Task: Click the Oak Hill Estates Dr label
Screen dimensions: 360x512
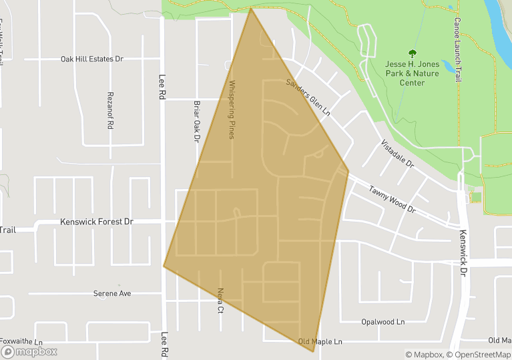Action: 92,59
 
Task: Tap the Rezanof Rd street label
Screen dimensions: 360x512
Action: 111,111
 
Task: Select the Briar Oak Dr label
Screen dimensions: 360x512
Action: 197,122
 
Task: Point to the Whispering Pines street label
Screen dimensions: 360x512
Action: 232,110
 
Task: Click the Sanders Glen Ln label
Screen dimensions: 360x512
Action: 308,98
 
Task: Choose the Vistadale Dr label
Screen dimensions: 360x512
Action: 397,153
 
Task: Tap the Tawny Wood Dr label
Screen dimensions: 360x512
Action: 392,199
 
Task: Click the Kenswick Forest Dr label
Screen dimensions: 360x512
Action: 97,221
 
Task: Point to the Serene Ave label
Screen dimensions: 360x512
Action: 112,293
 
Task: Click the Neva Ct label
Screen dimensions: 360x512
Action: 221,301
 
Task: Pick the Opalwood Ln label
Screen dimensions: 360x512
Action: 383,321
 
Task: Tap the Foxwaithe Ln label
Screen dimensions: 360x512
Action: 21,341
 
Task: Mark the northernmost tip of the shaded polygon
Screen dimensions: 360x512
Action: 251,8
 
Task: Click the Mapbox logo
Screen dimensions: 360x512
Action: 29,351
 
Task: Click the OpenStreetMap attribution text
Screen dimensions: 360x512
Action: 479,355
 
